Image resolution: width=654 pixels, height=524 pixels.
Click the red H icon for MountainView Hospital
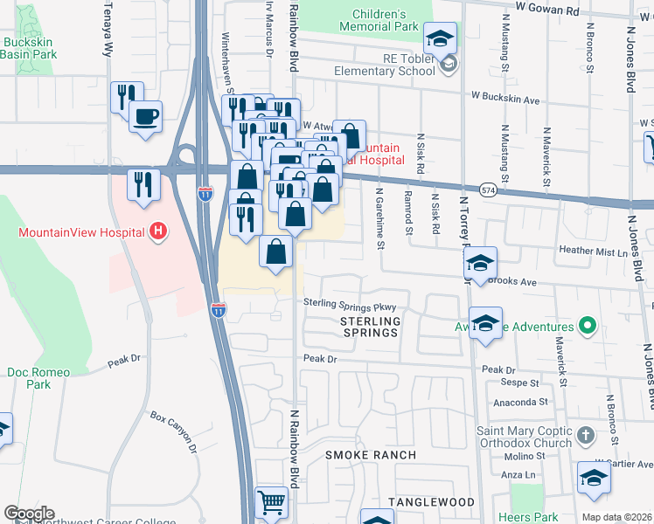pyautogui.click(x=158, y=231)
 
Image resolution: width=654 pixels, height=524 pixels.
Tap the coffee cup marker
pyautogui.click(x=145, y=116)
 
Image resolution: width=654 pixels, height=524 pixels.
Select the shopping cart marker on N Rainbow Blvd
pyautogui.click(x=271, y=503)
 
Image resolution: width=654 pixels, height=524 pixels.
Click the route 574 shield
pyautogui.click(x=488, y=190)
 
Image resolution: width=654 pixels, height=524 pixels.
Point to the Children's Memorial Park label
pyautogui.click(x=380, y=21)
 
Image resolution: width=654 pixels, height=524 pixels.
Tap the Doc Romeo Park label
pyautogui.click(x=38, y=378)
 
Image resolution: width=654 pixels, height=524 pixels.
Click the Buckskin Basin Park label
pyautogui.click(x=28, y=48)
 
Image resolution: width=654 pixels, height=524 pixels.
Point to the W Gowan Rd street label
pyautogui.click(x=547, y=6)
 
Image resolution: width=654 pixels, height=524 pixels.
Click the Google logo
pyautogui.click(x=29, y=514)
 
